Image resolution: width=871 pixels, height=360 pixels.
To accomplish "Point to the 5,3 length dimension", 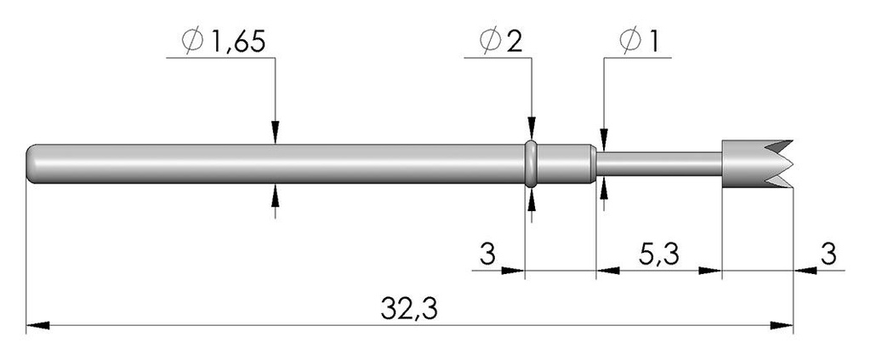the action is (x=659, y=254).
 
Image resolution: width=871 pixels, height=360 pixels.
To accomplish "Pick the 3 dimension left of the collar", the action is (x=487, y=254).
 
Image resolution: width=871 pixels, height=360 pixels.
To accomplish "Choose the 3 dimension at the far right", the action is (x=828, y=254).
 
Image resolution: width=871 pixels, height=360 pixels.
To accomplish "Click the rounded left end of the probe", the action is (x=33, y=164).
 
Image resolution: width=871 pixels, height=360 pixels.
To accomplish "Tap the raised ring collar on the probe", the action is (x=531, y=164).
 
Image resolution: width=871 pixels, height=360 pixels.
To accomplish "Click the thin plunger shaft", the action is (x=659, y=164).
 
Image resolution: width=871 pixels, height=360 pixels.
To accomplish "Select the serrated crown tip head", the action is (x=756, y=164).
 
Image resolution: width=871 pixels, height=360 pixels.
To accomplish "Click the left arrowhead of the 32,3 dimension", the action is (x=37, y=325).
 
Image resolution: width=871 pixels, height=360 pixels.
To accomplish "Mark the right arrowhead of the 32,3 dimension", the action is (x=782, y=325).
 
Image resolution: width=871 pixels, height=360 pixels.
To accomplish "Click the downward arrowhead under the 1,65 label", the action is (x=275, y=133).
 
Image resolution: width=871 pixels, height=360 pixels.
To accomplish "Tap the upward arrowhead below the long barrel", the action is (x=275, y=195).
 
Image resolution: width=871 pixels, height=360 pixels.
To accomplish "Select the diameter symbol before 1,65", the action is (x=193, y=42).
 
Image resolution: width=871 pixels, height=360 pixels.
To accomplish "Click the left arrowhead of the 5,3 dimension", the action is (x=607, y=271).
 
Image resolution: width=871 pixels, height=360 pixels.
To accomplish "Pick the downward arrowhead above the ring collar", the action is (x=532, y=129).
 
